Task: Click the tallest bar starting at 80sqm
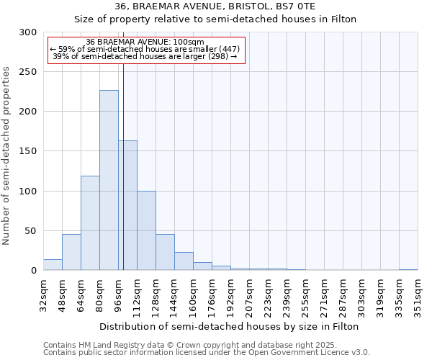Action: click(109, 180)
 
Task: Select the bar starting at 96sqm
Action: click(127, 205)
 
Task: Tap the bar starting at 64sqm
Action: click(90, 223)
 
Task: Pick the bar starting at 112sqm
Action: click(146, 230)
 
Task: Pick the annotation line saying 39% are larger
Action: click(145, 56)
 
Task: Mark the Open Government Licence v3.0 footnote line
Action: click(206, 352)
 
